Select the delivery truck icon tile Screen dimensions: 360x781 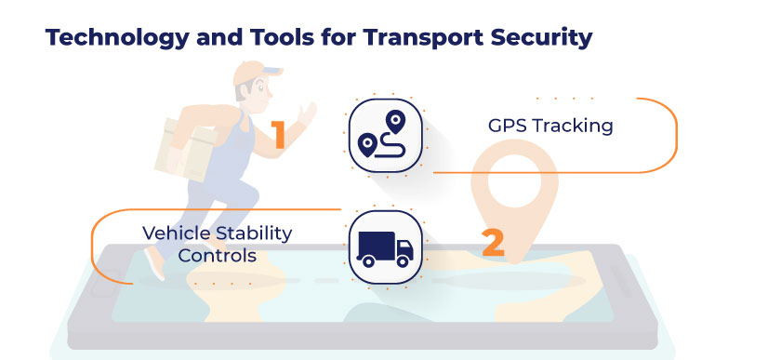point(384,245)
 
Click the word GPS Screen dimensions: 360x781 point(509,126)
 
